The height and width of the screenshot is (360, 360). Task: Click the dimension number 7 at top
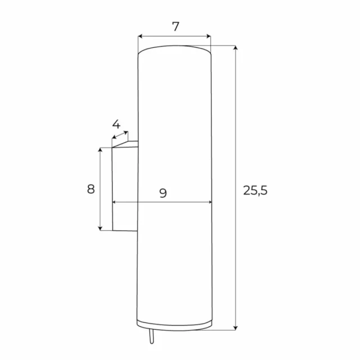click(x=175, y=26)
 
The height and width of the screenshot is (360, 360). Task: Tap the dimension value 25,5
click(x=255, y=191)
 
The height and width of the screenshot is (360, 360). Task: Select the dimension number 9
click(x=163, y=193)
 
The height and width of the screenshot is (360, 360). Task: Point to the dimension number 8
click(x=91, y=189)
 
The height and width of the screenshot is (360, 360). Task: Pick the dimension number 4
click(x=116, y=124)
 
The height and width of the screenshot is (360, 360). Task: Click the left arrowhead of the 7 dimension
click(x=140, y=37)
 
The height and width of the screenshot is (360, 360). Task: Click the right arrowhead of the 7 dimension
click(x=208, y=37)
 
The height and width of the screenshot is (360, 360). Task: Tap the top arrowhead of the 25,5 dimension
click(x=236, y=49)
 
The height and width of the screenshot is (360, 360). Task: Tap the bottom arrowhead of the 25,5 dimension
click(x=236, y=327)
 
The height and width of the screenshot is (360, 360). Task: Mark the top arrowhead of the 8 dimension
click(x=101, y=150)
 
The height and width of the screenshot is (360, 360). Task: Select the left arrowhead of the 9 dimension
click(x=115, y=202)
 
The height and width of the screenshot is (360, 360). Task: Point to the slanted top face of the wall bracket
click(x=125, y=144)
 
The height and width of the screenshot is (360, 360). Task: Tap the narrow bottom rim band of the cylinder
click(x=174, y=325)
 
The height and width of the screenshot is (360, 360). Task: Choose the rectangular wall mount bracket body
click(x=125, y=189)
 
